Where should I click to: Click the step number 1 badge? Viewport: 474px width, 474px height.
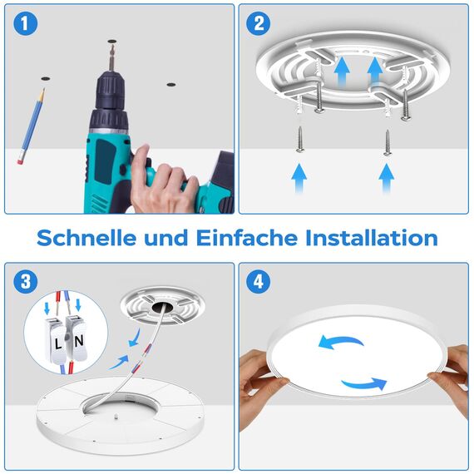tap(28, 24)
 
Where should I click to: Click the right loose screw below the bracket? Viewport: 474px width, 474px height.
tap(387, 142)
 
